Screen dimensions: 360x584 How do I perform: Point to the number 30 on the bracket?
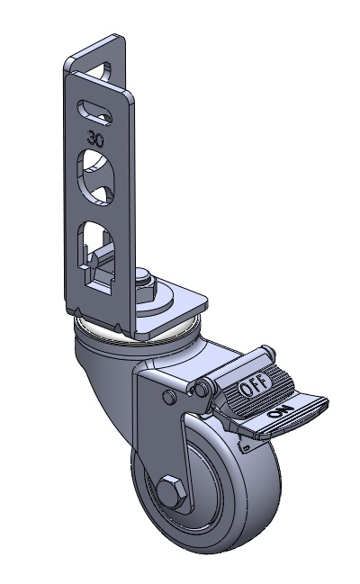(x=95, y=139)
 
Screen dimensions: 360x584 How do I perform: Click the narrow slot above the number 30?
(x=94, y=111)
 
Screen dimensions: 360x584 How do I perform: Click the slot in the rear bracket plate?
(x=103, y=70)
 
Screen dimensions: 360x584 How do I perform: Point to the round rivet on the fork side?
(x=168, y=397)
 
